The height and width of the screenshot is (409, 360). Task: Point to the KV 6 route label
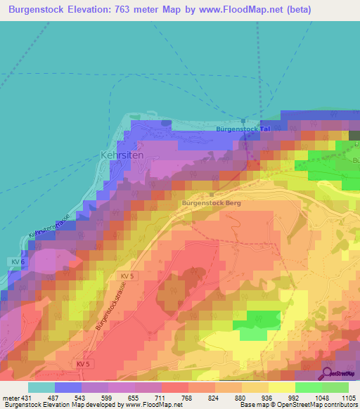(19, 261)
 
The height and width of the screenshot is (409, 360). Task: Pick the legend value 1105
(349, 397)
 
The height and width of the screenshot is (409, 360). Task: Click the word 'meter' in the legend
(11, 397)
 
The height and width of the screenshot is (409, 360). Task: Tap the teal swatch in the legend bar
(41, 387)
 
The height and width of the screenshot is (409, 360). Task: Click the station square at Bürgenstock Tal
(243, 120)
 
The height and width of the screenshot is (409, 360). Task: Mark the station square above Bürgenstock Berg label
(211, 194)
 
